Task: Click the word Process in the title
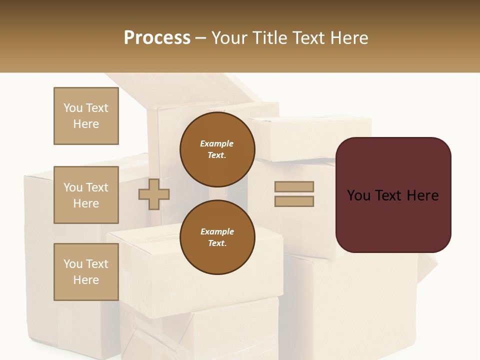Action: [x=157, y=37]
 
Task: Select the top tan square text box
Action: [x=86, y=116]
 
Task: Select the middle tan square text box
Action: [x=86, y=195]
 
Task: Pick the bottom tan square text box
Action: [x=86, y=272]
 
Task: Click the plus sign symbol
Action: [x=154, y=194]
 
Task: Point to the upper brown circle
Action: [x=217, y=149]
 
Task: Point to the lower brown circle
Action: [x=217, y=237]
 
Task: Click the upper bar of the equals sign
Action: [x=294, y=187]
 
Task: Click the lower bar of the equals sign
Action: [x=294, y=201]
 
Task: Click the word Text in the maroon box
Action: [x=391, y=195]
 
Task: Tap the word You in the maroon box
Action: [x=358, y=195]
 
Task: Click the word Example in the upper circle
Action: [x=217, y=143]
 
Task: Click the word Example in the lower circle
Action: [x=217, y=231]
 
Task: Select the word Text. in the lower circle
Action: [x=217, y=243]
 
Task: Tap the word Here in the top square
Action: [x=86, y=124]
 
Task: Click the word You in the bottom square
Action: [x=73, y=263]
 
